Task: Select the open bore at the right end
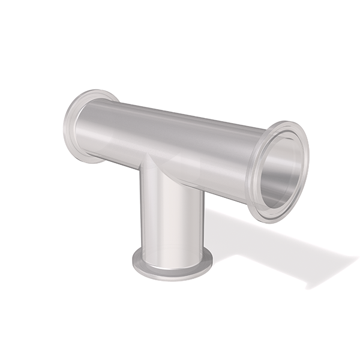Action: [281, 172]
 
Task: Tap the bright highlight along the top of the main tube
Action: [180, 118]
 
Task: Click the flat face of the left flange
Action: [71, 129]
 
